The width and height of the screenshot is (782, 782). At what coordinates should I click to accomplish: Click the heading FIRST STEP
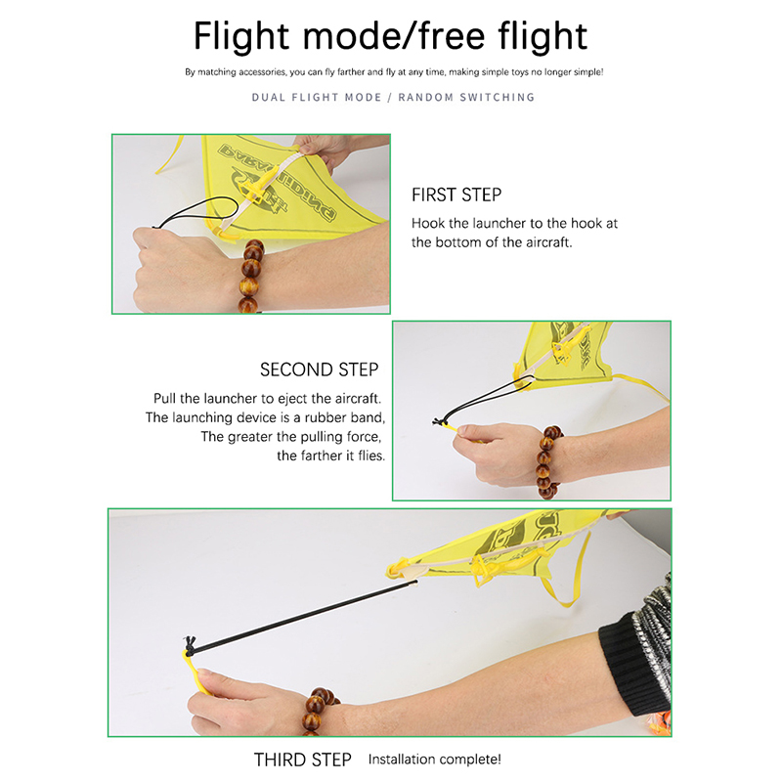coord(456,195)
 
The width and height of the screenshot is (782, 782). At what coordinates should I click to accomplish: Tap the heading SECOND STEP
coord(320,369)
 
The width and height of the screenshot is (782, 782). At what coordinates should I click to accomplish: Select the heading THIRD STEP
coord(303,760)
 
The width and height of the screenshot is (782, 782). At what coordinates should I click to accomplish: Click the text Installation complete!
coord(434,760)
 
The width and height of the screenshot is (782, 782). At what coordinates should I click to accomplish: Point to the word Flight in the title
coord(241,37)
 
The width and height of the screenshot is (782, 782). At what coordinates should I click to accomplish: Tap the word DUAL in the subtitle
coord(268,97)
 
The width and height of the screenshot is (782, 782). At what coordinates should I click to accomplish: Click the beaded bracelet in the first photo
coord(251,276)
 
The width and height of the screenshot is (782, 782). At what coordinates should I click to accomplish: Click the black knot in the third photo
coord(190,643)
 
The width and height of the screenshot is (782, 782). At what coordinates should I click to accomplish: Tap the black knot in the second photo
coord(439,422)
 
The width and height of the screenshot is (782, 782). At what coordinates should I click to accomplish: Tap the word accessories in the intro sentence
coord(262,71)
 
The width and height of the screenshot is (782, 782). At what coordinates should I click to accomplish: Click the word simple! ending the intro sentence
coord(588,71)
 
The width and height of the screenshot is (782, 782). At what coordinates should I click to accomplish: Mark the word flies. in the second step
coord(371,456)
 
